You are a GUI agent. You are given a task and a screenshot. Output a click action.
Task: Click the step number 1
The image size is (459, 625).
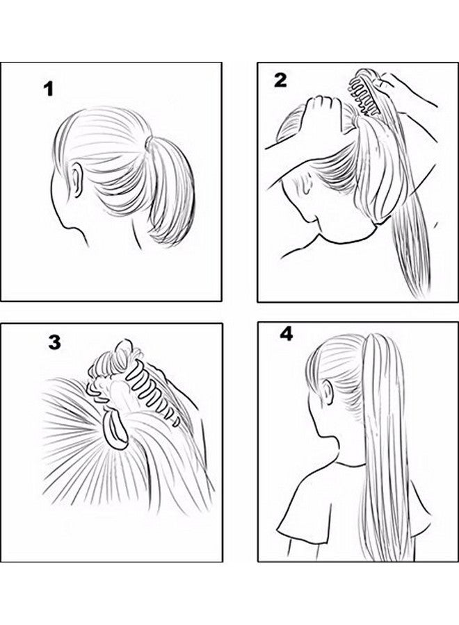coord(47,90)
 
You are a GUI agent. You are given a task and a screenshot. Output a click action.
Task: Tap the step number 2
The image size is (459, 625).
coord(280,81)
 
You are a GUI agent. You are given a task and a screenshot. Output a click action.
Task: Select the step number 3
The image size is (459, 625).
coord(54,342)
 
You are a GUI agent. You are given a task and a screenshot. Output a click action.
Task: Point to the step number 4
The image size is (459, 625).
coord(286,334)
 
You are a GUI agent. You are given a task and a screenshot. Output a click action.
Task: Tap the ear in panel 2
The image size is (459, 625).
coord(305,185)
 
